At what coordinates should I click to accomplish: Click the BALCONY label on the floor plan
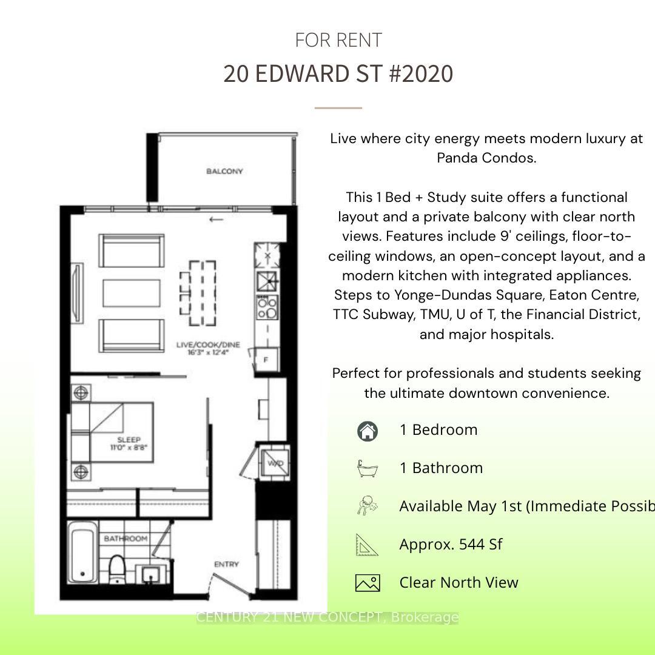pos(224,172)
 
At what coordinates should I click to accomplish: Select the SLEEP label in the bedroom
pos(129,443)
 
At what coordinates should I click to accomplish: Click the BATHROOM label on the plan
pos(126,539)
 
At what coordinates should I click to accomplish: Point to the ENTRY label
pos(226,565)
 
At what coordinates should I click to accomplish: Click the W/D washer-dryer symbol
pos(275,464)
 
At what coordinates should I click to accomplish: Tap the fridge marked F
pos(266,360)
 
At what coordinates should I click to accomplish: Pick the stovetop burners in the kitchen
pos(267,307)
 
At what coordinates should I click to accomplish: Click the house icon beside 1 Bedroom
pos(367,431)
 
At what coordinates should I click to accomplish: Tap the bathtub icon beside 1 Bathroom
pos(367,468)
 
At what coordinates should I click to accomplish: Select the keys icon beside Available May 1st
pos(367,506)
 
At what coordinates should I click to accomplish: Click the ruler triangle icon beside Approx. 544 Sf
pos(367,545)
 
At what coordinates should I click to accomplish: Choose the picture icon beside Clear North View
pos(367,583)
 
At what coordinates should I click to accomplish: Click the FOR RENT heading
pos(338,41)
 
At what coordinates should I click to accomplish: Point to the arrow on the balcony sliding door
pos(216,220)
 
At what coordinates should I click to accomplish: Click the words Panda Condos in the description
pos(486,158)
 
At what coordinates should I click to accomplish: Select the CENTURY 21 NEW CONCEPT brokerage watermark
pos(327,617)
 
